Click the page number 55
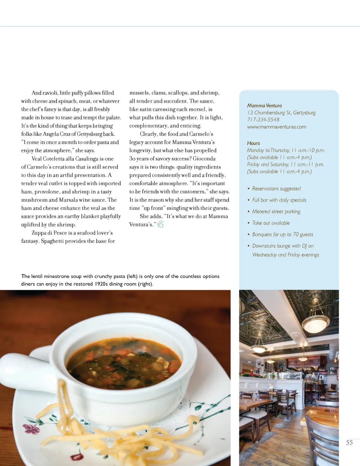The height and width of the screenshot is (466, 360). tap(349, 442)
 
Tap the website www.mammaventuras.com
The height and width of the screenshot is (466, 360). tap(276, 127)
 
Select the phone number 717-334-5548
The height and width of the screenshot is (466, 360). tap(263, 119)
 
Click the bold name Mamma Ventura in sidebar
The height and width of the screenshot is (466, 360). tap(264, 105)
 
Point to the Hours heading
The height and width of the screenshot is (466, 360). tap(253, 143)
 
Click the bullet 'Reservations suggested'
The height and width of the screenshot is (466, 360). tap(276, 189)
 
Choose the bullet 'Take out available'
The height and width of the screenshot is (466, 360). tap(271, 223)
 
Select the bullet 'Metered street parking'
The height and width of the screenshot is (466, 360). tap(276, 212)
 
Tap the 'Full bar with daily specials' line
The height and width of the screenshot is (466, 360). tap(279, 200)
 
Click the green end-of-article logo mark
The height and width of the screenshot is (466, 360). tap(161, 224)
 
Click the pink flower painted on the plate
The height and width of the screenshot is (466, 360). tap(28, 428)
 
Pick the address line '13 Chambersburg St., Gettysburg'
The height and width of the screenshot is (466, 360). tap(281, 112)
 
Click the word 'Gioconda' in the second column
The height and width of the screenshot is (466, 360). tap(204, 158)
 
